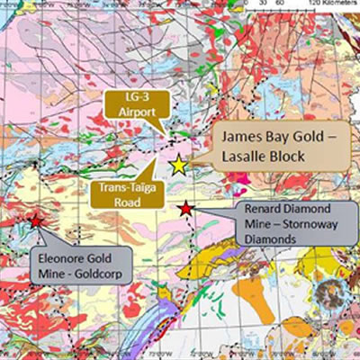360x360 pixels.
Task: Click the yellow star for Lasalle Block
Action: click(x=178, y=166)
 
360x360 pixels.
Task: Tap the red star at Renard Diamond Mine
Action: click(x=184, y=209)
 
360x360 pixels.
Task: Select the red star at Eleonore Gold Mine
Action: click(x=35, y=220)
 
